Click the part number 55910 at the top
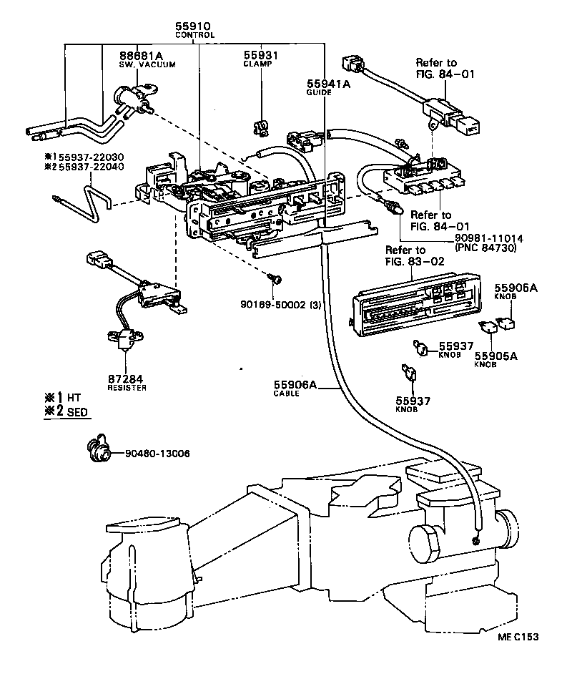(x=194, y=26)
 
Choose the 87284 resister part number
(x=127, y=378)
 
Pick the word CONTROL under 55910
(x=194, y=35)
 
